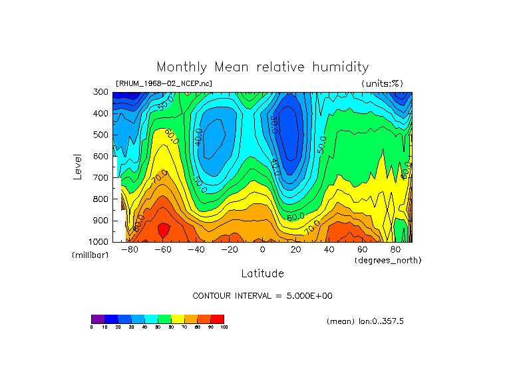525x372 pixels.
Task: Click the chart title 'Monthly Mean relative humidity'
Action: click(x=262, y=67)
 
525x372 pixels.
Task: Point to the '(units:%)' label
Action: click(x=382, y=83)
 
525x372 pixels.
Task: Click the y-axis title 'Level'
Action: click(x=79, y=166)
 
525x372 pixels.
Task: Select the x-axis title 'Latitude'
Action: click(x=262, y=273)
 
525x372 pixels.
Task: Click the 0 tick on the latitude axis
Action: click(x=262, y=249)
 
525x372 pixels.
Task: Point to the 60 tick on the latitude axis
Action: click(x=362, y=249)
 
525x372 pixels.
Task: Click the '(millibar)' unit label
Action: click(x=90, y=255)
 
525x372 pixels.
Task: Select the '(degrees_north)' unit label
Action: click(x=388, y=260)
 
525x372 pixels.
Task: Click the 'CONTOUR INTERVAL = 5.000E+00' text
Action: click(x=262, y=295)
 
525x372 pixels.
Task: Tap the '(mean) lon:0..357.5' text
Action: click(x=365, y=321)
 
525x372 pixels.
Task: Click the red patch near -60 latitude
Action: click(x=163, y=230)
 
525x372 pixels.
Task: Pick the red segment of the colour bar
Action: click(x=218, y=319)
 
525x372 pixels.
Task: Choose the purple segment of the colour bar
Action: click(x=98, y=319)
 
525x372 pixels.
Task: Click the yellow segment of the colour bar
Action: click(x=178, y=319)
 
